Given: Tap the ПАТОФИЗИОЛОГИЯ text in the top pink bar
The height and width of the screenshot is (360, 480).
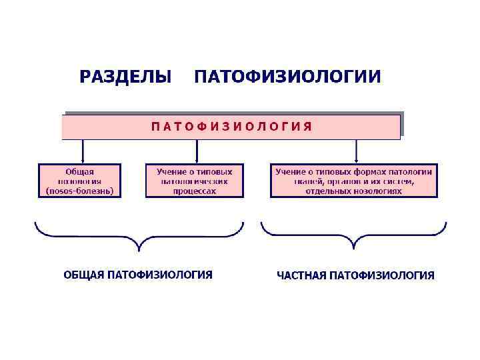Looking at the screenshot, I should (x=231, y=127).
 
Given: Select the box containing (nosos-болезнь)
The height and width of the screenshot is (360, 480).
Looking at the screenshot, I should (x=80, y=181).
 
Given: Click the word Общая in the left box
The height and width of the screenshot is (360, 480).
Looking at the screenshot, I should (x=80, y=171).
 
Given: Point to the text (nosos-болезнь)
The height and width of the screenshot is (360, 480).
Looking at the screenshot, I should (x=80, y=190).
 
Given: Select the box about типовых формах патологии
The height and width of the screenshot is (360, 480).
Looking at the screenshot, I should (x=354, y=181).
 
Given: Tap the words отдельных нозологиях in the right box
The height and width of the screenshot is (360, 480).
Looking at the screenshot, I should (x=354, y=190).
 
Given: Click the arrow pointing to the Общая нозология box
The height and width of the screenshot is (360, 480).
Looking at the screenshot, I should (x=83, y=152).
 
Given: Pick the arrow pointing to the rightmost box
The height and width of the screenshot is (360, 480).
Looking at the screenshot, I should (x=357, y=152).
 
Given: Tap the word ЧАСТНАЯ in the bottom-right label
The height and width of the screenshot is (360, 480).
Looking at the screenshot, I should (x=301, y=275).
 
